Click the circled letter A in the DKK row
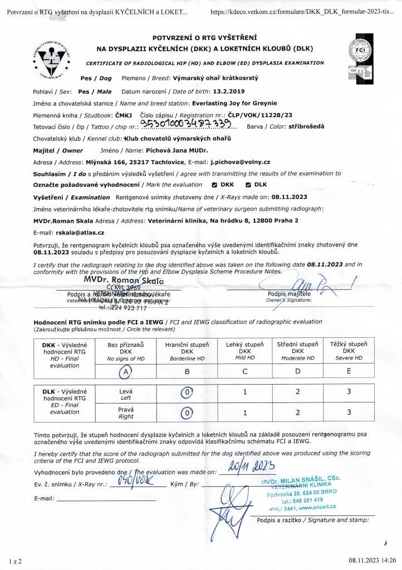[x=128, y=371]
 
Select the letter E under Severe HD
[x=349, y=371]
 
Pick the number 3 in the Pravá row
[x=349, y=413]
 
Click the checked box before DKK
[x=215, y=184]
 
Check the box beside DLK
[x=248, y=184]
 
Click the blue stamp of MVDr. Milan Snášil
[x=303, y=493]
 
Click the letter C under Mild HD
[x=245, y=371]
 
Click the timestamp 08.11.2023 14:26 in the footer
[x=372, y=560]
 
